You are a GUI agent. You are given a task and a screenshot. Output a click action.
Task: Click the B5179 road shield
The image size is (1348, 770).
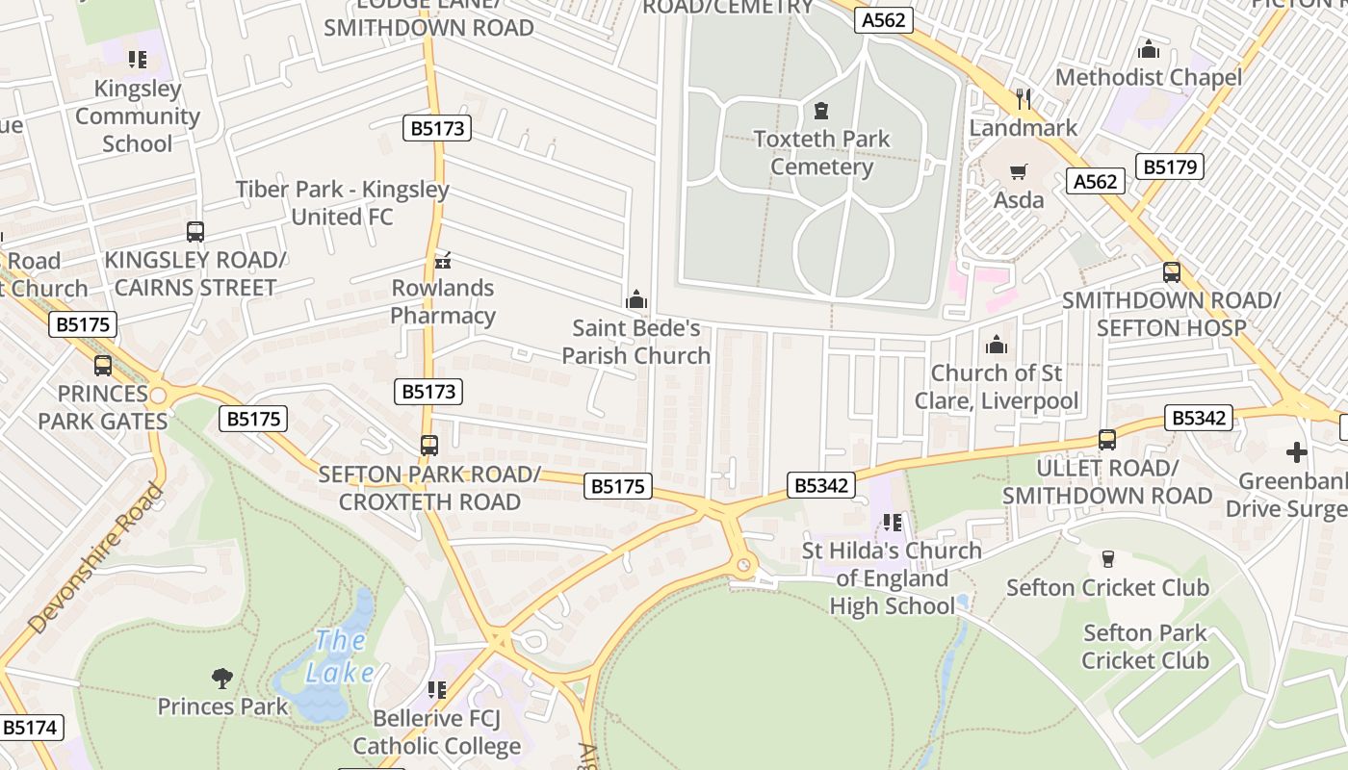(x=1170, y=167)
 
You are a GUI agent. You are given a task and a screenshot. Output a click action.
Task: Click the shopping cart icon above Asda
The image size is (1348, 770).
(x=1018, y=172)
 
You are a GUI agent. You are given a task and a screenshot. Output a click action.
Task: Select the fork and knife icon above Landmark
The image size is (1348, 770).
(x=1024, y=99)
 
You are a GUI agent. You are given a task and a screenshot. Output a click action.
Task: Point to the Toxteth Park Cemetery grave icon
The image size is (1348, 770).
(x=821, y=111)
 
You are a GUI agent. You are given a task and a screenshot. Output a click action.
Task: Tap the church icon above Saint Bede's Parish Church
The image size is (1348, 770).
(x=635, y=300)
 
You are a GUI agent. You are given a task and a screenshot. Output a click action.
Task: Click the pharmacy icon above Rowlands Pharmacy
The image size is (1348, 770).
(x=443, y=259)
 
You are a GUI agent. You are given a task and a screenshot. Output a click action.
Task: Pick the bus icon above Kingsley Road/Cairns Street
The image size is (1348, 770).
(x=195, y=232)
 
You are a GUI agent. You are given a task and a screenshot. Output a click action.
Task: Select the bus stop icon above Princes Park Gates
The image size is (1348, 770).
(x=102, y=366)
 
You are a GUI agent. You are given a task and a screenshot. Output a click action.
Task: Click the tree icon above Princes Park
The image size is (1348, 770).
(x=222, y=679)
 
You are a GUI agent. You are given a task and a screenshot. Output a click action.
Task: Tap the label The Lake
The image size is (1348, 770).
(x=340, y=656)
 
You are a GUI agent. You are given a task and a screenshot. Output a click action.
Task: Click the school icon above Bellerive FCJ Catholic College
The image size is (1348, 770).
(x=437, y=690)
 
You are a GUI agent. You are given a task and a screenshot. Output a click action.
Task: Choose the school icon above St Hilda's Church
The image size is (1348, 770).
(x=892, y=523)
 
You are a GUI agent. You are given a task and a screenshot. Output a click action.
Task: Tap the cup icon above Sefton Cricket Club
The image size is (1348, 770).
(x=1107, y=559)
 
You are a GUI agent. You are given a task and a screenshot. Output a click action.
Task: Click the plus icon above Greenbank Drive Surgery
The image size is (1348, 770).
(x=1297, y=452)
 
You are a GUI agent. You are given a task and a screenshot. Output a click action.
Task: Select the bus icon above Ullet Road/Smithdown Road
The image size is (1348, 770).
(x=1106, y=440)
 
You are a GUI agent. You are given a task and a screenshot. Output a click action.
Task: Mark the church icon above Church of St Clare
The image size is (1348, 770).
(x=997, y=344)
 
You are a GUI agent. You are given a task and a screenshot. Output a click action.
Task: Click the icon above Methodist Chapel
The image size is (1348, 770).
(x=1148, y=49)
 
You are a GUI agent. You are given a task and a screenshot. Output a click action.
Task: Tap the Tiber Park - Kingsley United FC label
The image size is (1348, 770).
(x=342, y=203)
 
